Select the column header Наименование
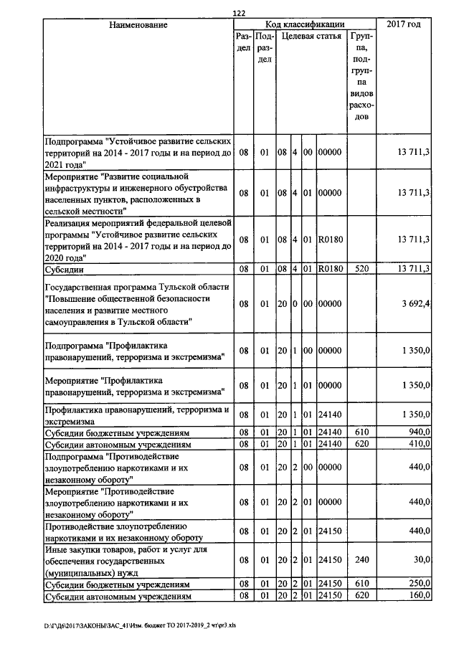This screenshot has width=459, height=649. tap(138, 25)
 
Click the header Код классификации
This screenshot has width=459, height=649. tap(304, 24)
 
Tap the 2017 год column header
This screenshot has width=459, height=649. tap(403, 25)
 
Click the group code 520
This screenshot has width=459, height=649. tap(362, 269)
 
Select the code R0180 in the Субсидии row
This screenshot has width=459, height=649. tap(331, 269)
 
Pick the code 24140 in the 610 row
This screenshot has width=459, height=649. tap(331, 433)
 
